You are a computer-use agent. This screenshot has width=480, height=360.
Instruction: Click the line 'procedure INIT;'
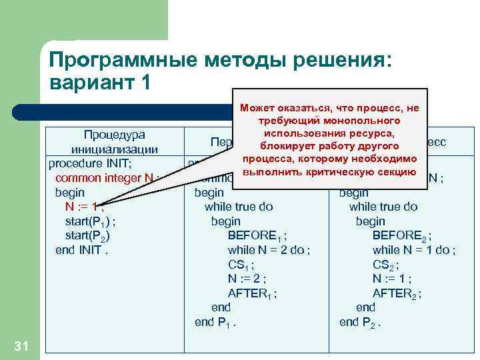(94, 163)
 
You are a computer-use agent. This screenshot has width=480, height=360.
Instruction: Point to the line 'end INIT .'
(81, 250)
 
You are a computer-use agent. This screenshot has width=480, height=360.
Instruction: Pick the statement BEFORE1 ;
(257, 235)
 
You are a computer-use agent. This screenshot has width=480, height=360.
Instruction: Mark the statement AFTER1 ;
(252, 293)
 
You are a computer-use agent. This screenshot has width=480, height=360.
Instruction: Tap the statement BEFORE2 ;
(402, 235)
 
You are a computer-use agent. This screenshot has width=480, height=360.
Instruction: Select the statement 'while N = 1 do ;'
(414, 250)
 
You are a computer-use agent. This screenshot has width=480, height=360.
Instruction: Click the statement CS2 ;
(387, 265)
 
